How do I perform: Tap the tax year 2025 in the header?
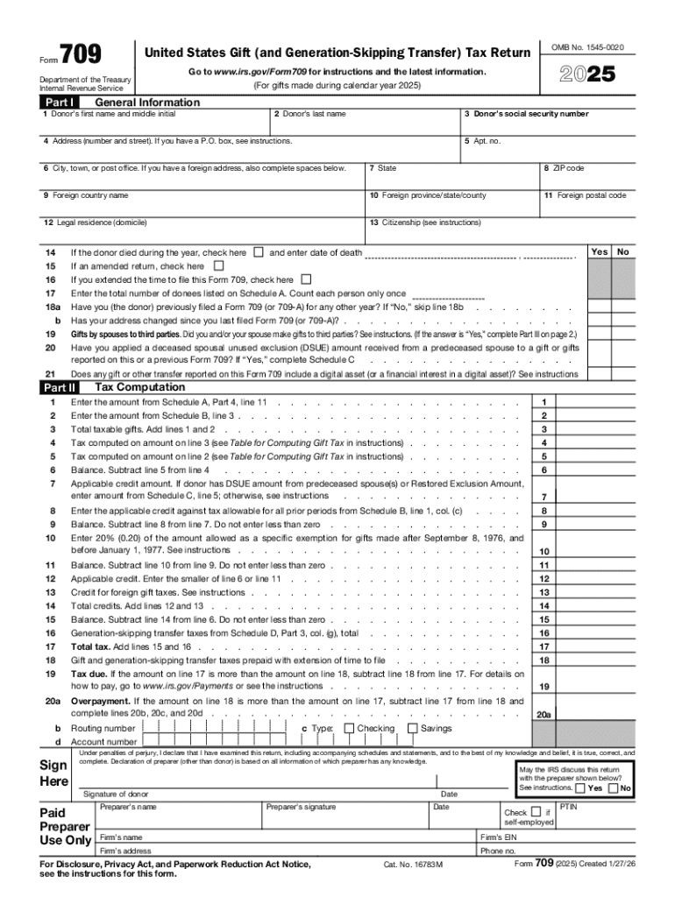(x=587, y=76)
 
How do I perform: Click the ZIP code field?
(x=585, y=179)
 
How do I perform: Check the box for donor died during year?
(x=258, y=252)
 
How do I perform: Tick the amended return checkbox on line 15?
(x=218, y=265)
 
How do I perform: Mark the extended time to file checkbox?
(x=306, y=279)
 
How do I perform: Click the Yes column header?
(x=600, y=252)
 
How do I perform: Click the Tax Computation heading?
(x=139, y=387)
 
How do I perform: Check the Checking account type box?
(x=349, y=728)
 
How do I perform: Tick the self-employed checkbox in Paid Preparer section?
(x=536, y=811)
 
